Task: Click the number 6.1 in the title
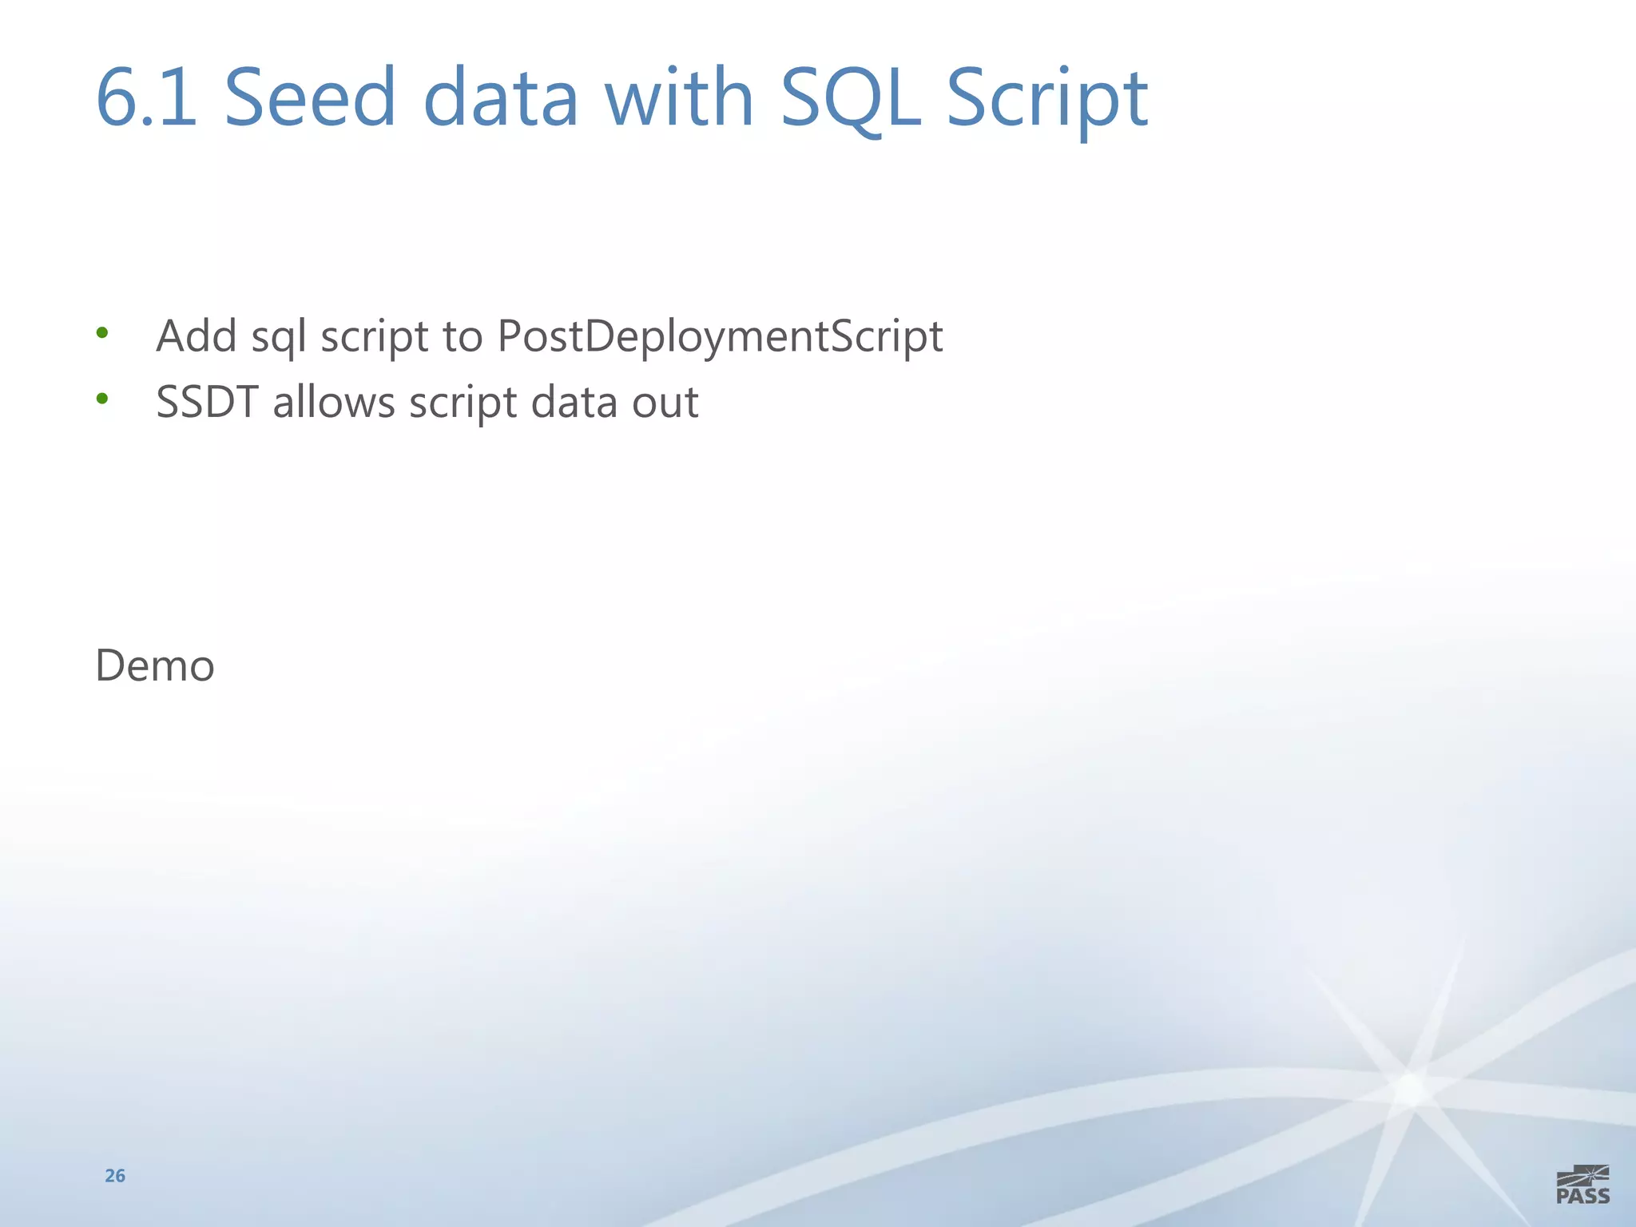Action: click(x=146, y=97)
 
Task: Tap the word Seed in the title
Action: click(x=310, y=97)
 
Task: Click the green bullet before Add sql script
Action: click(x=101, y=332)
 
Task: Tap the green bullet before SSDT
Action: click(x=101, y=398)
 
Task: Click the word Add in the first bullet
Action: click(x=197, y=336)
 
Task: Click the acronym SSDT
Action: click(x=207, y=402)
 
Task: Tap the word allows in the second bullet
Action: click(x=334, y=402)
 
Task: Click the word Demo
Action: click(x=155, y=665)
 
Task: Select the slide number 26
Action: click(x=115, y=1175)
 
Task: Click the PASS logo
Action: click(x=1582, y=1185)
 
